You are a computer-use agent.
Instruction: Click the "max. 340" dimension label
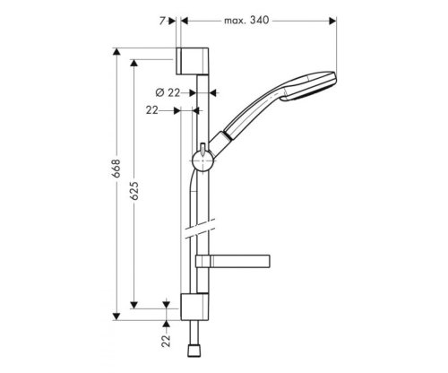tap(248, 18)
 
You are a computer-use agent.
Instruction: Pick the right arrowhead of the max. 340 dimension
tap(332, 18)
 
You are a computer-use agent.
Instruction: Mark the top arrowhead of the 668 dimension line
tap(116, 51)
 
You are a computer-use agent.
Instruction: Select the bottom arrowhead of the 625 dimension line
tap(134, 304)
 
